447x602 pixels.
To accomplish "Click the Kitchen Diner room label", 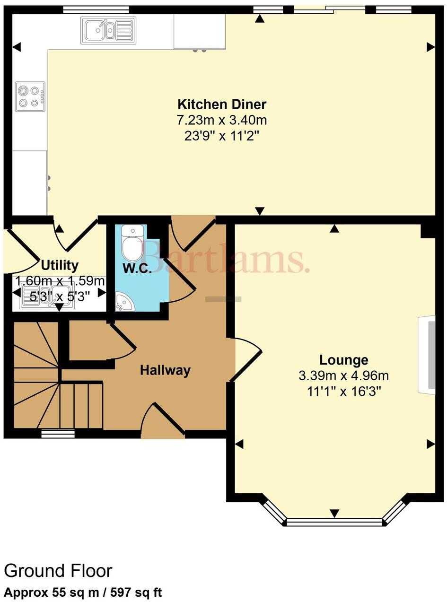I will tap(222, 104).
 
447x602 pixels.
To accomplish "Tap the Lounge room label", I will tap(343, 360).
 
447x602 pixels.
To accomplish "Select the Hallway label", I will tap(165, 370).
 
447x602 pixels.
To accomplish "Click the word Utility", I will tap(60, 265).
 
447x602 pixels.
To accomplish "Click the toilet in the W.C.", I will tap(132, 244).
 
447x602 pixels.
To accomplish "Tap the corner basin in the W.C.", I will tap(124, 302).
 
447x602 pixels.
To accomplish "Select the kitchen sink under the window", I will tap(107, 31).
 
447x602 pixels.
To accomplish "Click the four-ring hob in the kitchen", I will tap(30, 96).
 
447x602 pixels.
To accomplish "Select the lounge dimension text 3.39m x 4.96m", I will tap(343, 376).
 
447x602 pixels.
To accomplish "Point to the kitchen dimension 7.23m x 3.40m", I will tap(222, 120).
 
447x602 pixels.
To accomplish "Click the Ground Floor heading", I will tap(58, 571).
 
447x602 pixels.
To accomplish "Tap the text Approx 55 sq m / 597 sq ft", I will tap(83, 592).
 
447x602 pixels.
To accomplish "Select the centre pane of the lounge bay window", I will tap(334, 522).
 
